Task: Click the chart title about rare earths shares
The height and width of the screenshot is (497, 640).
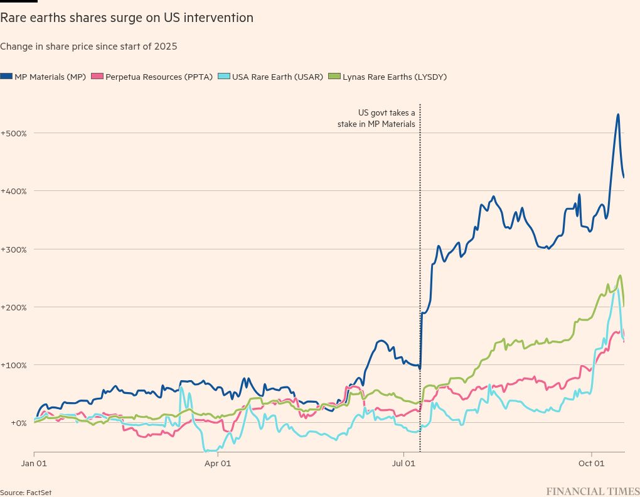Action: click(127, 18)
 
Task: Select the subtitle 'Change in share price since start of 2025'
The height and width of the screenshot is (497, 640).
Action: click(88, 46)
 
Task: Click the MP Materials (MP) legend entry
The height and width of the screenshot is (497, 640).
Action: click(44, 77)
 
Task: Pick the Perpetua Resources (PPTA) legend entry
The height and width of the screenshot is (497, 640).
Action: click(139, 77)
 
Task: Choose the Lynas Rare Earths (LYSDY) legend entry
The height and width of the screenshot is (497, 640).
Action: click(389, 77)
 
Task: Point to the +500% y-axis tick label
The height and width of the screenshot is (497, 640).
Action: click(13, 133)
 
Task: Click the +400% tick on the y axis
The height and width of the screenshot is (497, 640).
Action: click(13, 191)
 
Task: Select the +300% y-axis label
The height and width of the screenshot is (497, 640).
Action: click(13, 249)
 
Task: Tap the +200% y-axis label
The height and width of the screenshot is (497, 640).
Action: click(13, 307)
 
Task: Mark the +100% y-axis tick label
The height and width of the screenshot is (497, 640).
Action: click(13, 365)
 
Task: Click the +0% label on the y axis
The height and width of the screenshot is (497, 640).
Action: click(9, 423)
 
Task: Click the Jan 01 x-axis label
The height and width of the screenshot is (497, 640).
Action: click(34, 464)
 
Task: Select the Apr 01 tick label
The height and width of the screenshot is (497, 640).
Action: click(218, 464)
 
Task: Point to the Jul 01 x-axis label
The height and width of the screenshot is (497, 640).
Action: click(404, 464)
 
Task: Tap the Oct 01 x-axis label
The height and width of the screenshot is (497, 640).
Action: click(591, 464)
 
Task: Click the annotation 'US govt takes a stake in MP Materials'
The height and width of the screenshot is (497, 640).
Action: click(377, 118)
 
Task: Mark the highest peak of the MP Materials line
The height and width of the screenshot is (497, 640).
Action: click(618, 114)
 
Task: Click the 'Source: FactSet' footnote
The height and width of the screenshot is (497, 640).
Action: click(26, 493)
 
